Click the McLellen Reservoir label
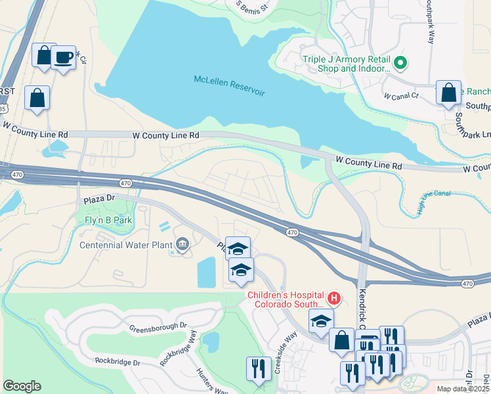click(x=229, y=85)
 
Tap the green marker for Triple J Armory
click(x=400, y=64)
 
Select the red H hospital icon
click(x=333, y=299)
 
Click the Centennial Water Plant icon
click(x=182, y=245)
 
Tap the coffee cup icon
click(x=64, y=58)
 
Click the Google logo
click(x=22, y=385)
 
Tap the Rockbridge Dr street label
click(x=117, y=362)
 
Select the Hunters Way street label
click(x=211, y=381)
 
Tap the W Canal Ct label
click(x=400, y=96)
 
